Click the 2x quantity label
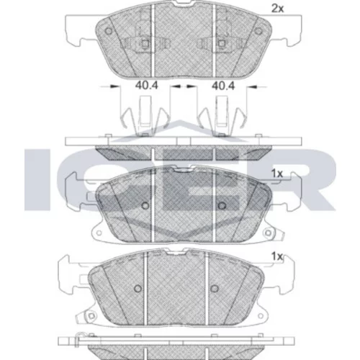click(277, 9)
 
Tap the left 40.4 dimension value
click(146, 86)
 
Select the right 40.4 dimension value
click(223, 86)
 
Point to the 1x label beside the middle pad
click(277, 174)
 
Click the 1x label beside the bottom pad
click(277, 256)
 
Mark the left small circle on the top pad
click(109, 31)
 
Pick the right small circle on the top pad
click(258, 31)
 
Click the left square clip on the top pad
click(145, 43)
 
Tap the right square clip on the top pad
click(222, 43)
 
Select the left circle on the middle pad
click(145, 205)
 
